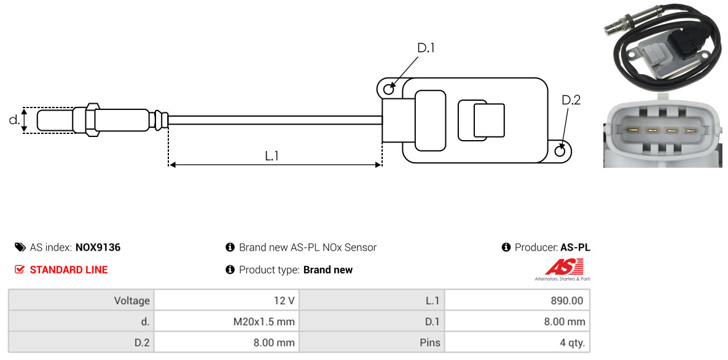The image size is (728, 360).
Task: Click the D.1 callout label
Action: pyautogui.click(x=426, y=48)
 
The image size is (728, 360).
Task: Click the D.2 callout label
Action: pyautogui.click(x=571, y=100)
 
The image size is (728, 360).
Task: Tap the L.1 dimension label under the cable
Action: pyautogui.click(x=272, y=155)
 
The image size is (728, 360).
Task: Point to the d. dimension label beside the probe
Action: pyautogui.click(x=14, y=120)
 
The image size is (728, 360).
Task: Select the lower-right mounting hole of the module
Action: pyautogui.click(x=560, y=150)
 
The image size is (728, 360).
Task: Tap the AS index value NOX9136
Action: pyautogui.click(x=98, y=248)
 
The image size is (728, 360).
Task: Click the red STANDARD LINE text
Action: pyautogui.click(x=69, y=270)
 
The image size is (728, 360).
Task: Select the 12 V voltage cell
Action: pyautogui.click(x=284, y=300)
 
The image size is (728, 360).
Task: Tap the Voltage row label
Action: pyautogui.click(x=132, y=300)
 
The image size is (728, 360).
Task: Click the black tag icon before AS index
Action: pyautogui.click(x=20, y=247)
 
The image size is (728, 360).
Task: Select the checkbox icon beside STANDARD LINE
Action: pyautogui.click(x=19, y=270)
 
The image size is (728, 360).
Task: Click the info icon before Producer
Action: pyautogui.click(x=506, y=247)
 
